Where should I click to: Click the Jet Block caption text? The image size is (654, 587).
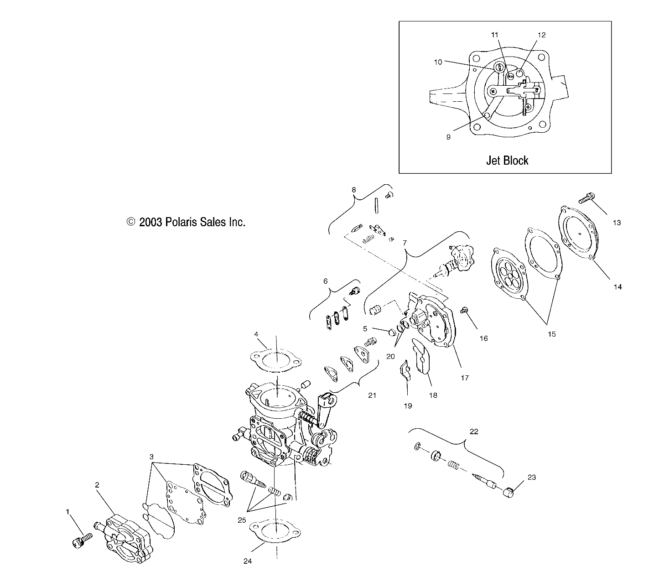507,161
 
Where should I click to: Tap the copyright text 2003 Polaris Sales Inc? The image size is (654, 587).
186,222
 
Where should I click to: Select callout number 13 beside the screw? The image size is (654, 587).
617,223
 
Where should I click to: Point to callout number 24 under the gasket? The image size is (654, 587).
248,561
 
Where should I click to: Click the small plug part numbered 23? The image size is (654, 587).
510,493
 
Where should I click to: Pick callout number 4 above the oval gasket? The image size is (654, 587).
256,334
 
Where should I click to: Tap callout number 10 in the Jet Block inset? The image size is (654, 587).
438,62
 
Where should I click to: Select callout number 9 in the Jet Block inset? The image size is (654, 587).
448,137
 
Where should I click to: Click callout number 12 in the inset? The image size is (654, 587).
541,35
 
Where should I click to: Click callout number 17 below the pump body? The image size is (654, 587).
465,378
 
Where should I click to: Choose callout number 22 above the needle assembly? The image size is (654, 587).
474,431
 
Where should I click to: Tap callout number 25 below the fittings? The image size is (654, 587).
241,520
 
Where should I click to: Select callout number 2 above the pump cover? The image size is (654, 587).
97,485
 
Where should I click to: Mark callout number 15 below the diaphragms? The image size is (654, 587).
551,334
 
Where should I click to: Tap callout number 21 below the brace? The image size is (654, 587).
372,395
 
